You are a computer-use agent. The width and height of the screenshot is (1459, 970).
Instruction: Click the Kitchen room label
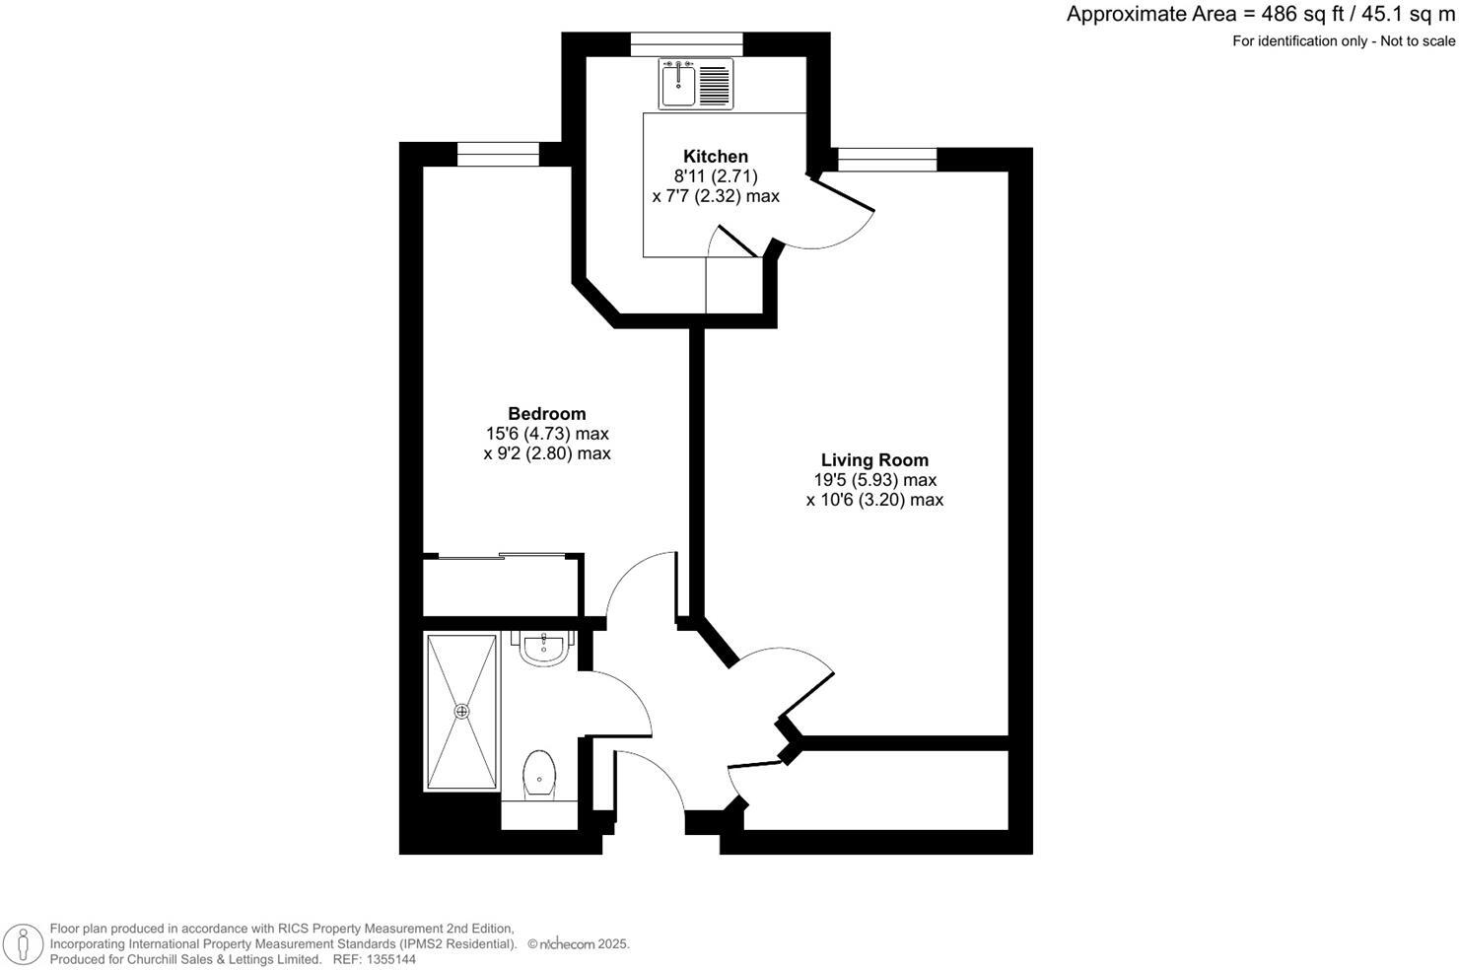click(716, 156)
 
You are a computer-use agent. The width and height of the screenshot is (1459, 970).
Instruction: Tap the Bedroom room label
click(546, 414)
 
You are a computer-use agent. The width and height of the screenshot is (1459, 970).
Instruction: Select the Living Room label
click(874, 459)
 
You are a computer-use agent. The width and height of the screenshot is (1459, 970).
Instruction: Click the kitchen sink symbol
click(679, 83)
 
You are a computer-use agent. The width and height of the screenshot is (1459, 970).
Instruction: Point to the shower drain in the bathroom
click(461, 710)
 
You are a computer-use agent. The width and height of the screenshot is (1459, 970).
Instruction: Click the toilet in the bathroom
click(539, 773)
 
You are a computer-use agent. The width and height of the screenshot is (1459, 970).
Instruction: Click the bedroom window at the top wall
click(498, 154)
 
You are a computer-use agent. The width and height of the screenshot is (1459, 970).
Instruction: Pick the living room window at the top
click(887, 160)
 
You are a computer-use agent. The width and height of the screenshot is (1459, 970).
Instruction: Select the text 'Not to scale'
click(1418, 40)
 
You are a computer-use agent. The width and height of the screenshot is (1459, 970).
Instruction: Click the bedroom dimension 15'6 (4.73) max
click(546, 434)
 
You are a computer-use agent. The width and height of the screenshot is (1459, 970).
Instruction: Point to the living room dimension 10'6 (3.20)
click(874, 500)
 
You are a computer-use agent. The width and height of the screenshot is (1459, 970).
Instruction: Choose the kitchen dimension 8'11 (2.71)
click(716, 176)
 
